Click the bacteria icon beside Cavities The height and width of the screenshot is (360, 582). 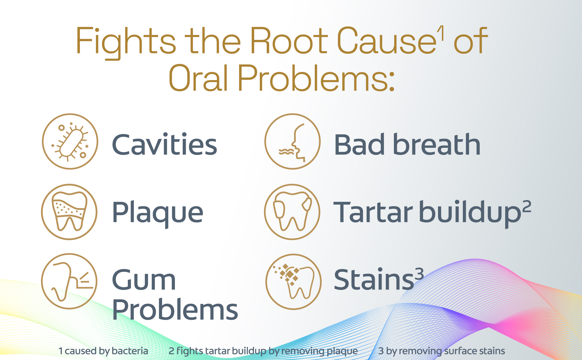70,141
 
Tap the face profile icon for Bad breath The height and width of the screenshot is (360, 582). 292,141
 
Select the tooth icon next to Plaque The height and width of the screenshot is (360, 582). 69,212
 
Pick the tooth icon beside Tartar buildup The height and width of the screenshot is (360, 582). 292,212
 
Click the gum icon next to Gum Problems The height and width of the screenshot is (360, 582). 69,281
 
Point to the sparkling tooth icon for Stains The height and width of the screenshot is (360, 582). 293,282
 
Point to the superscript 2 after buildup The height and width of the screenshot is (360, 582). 526,207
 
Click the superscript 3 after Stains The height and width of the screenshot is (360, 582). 419,274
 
